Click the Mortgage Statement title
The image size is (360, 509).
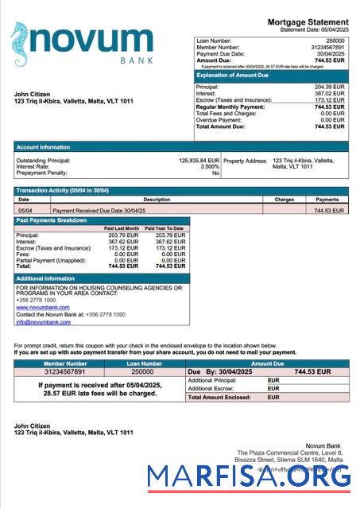308,21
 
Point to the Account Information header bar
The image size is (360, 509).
181,146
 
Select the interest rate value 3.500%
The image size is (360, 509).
210,166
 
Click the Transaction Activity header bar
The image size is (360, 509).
181,191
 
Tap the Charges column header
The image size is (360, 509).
284,200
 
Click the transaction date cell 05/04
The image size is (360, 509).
25,210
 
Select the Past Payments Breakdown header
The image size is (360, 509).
102,220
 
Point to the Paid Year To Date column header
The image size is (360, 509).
165,228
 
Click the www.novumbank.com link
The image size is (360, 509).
42,307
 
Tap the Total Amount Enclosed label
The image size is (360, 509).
223,397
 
